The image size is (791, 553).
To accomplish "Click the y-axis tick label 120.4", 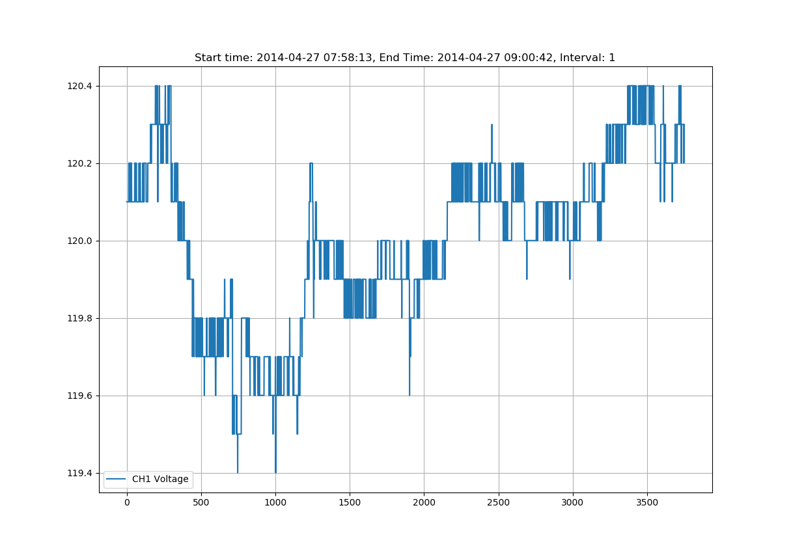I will pos(80,87).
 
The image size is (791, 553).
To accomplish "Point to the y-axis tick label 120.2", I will pos(80,164).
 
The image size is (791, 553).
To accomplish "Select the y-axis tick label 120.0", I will pos(80,241).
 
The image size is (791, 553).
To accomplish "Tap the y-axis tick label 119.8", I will pos(80,319).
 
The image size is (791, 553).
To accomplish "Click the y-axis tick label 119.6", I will pos(80,396).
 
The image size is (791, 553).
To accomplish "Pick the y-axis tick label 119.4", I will pos(80,474).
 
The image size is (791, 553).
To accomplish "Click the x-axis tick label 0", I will pos(127,503).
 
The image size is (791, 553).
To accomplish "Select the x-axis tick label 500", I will pos(201,503).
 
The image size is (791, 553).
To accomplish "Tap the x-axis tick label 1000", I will pos(275,503).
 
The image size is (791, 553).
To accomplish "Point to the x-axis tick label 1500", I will pos(350,503).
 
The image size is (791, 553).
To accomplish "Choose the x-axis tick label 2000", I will pos(424,503).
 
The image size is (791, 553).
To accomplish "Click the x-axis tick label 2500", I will pos(499,503).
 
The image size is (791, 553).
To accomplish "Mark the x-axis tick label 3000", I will pos(573,503).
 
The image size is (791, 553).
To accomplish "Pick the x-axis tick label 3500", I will pos(647,503).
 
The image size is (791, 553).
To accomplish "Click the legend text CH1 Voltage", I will pos(160,479).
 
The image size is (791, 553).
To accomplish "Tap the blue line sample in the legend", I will pos(117,479).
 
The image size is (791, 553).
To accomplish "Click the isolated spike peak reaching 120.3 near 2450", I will pos(492,125).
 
